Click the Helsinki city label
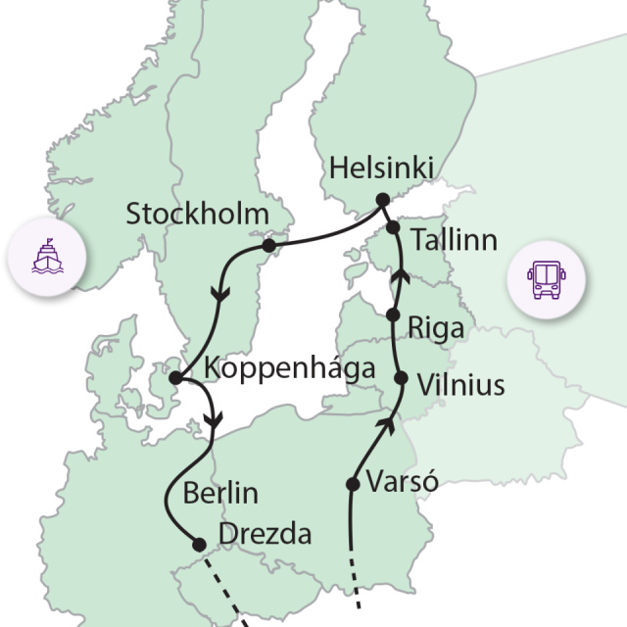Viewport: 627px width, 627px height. coord(381,168)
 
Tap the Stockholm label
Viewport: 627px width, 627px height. coord(197,215)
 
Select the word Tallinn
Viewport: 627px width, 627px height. coord(454,240)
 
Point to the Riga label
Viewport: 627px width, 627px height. coord(437,327)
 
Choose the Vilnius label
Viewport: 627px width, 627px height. coord(460,385)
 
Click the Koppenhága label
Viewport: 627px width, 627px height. coord(291,369)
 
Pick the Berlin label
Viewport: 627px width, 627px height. coord(220,492)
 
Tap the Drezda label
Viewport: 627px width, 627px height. coord(265,535)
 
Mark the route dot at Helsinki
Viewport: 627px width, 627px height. coord(382,200)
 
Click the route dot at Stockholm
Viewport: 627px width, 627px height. coord(269,245)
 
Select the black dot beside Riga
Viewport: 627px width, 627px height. coord(393,315)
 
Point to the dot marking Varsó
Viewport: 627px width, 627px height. coord(353,483)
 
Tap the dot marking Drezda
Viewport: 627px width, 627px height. coord(199,545)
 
